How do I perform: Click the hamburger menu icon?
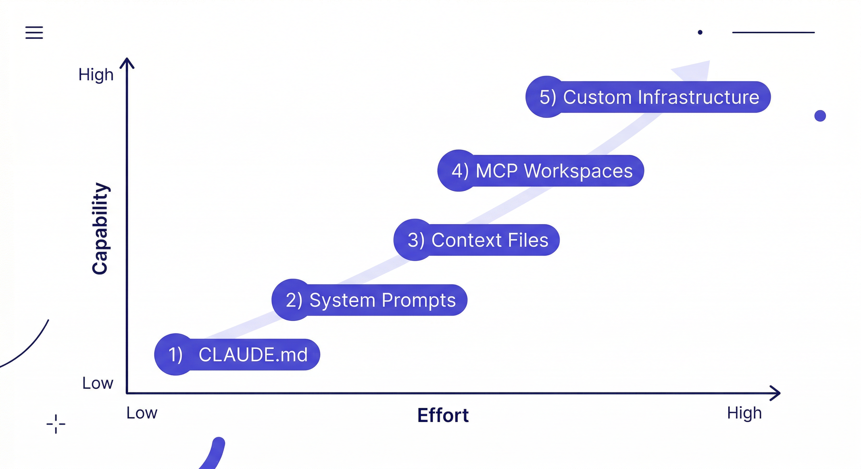(34, 33)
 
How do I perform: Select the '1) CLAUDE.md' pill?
(237, 354)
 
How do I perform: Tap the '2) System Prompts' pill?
(369, 300)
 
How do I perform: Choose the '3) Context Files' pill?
(476, 240)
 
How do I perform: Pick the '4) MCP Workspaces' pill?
(541, 171)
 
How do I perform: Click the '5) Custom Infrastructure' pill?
(648, 97)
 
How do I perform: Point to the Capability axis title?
(100, 229)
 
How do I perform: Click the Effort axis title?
(443, 415)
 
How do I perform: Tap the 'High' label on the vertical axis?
(96, 75)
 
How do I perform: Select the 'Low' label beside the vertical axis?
(98, 383)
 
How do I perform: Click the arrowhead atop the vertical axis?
(127, 63)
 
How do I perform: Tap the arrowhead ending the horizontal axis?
(775, 393)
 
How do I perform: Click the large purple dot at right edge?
(820, 116)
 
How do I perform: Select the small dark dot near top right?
(700, 32)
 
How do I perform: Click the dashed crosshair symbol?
(56, 424)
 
